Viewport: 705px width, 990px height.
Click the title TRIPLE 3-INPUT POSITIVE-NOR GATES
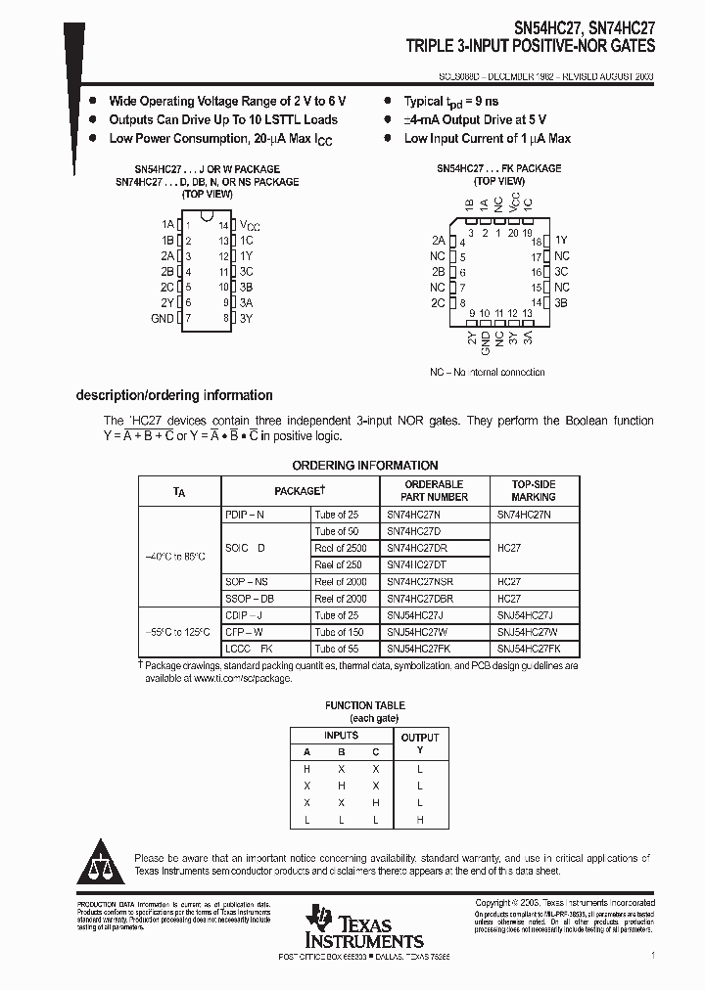[x=531, y=46]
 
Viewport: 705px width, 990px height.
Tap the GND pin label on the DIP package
[x=162, y=318]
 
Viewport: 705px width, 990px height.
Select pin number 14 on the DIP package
[x=223, y=224]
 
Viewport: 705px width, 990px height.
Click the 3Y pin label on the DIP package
[x=246, y=318]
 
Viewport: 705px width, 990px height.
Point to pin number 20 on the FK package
[x=514, y=233]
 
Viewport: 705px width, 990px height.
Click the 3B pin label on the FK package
[x=561, y=303]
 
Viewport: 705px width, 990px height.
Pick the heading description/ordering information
[x=174, y=395]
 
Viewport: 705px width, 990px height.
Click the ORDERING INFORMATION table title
[x=365, y=466]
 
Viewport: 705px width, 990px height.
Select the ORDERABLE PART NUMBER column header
[x=434, y=490]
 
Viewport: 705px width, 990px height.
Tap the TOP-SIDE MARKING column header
[x=534, y=490]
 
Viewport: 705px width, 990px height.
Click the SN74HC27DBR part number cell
[x=419, y=598]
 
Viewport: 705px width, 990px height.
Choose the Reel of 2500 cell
[x=341, y=548]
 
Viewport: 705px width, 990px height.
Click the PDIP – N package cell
[x=246, y=515]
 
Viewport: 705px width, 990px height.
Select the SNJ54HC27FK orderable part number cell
[x=418, y=649]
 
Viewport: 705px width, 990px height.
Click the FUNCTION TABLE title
[x=364, y=705]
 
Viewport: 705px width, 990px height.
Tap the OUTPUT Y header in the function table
[x=420, y=743]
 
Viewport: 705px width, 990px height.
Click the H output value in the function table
[x=420, y=819]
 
